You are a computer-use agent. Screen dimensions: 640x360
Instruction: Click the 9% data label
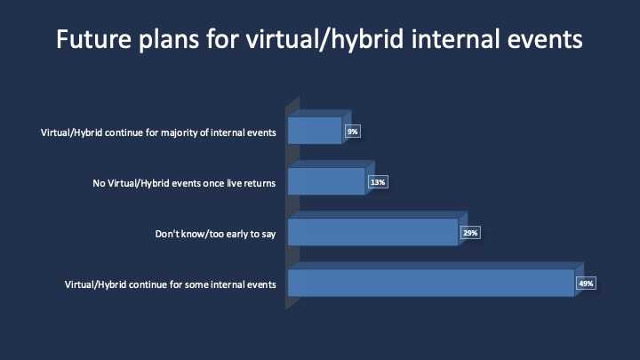point(353,132)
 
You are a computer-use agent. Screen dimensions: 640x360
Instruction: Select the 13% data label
point(378,182)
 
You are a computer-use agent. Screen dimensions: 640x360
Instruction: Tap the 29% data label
point(470,233)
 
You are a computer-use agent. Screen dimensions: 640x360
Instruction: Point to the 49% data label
point(586,284)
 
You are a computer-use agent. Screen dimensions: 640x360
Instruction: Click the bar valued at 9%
point(315,131)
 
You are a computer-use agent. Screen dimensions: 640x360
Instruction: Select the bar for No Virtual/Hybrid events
point(326,181)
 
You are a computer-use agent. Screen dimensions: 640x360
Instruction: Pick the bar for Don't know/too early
point(373,232)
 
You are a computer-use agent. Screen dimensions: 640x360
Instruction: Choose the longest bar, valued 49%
point(431,283)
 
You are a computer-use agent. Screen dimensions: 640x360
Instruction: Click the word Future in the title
point(94,39)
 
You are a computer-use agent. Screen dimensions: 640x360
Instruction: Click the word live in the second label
point(234,183)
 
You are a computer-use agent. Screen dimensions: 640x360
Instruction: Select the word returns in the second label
point(260,184)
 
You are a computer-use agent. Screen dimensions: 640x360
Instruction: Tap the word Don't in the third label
point(166,234)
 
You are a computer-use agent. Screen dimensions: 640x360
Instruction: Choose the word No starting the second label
point(99,183)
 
